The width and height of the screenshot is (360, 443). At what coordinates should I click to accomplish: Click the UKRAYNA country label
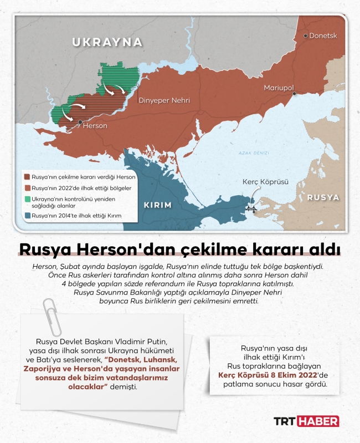pyautogui.click(x=107, y=42)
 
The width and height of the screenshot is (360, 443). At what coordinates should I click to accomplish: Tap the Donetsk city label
pyautogui.click(x=323, y=35)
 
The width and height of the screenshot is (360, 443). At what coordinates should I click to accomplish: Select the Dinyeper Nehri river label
pyautogui.click(x=164, y=100)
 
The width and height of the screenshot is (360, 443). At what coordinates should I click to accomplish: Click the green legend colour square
pyautogui.click(x=27, y=198)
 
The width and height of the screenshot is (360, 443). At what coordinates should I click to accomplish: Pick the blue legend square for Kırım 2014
pyautogui.click(x=27, y=215)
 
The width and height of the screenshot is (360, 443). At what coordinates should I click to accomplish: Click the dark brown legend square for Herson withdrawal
pyautogui.click(x=27, y=177)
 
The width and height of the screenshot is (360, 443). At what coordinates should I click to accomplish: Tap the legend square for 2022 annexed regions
pyautogui.click(x=27, y=188)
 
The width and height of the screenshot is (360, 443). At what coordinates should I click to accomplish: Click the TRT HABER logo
pyautogui.click(x=307, y=421)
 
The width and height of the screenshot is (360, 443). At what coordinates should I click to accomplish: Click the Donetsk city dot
pyautogui.click(x=305, y=35)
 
